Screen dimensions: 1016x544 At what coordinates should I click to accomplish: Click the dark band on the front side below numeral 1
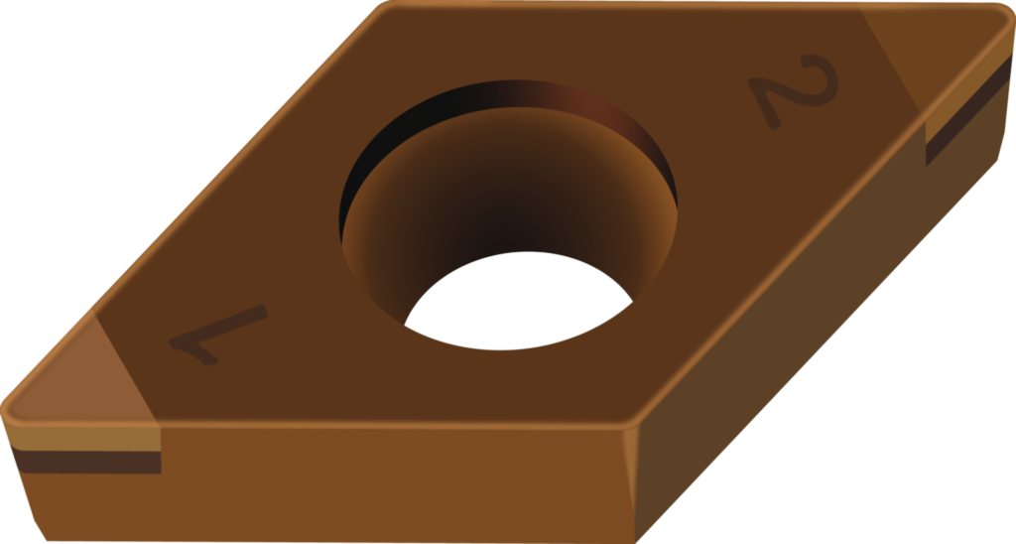coord(87,462)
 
